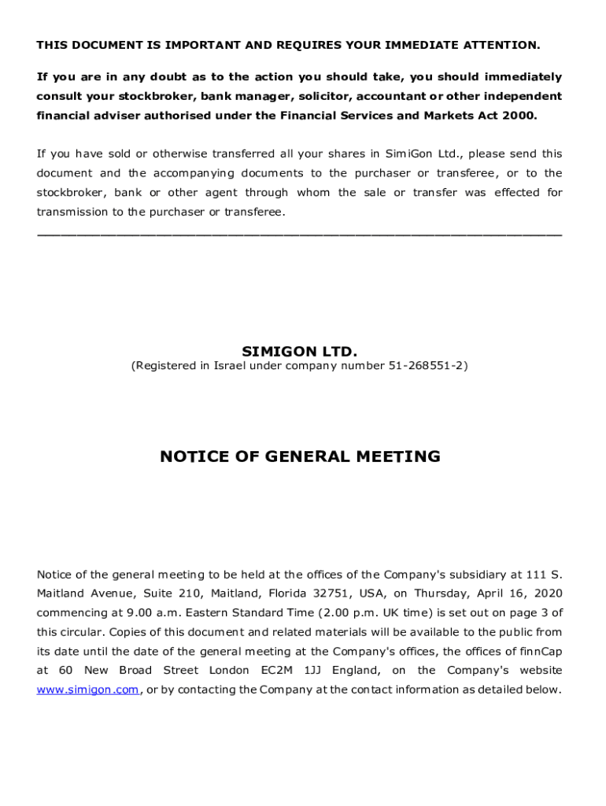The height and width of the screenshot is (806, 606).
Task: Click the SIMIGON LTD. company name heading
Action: (x=299, y=350)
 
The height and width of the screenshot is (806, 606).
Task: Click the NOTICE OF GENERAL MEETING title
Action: (x=300, y=457)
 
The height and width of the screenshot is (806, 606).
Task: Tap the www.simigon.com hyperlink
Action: (x=88, y=690)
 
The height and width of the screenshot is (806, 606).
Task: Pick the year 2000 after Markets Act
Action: (x=519, y=115)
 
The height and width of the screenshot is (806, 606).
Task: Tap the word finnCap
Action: (x=540, y=652)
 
